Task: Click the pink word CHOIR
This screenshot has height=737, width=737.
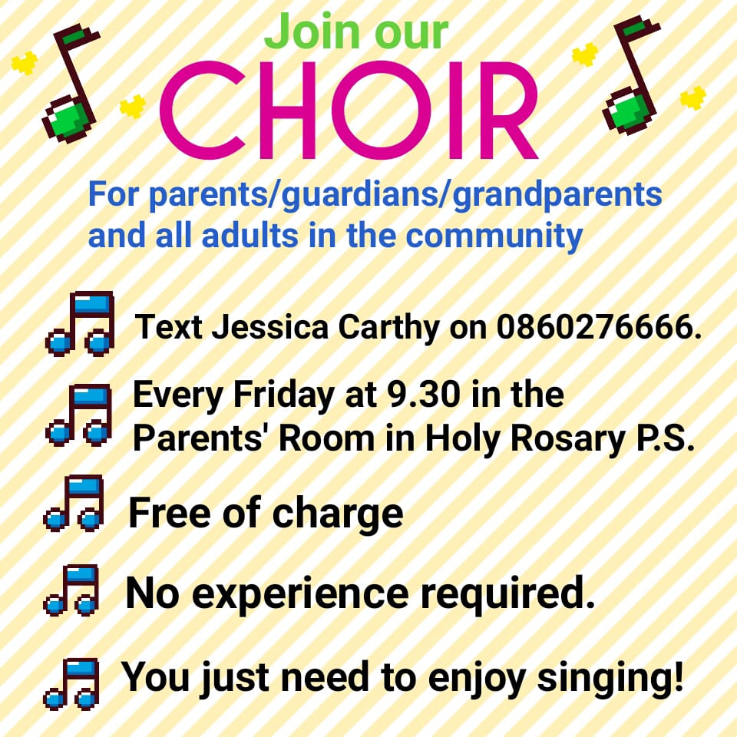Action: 349,111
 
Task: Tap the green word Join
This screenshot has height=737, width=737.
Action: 313,32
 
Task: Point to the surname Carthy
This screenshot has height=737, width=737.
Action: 388,328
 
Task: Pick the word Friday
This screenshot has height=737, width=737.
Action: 283,396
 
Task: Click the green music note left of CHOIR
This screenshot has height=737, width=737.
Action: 71,83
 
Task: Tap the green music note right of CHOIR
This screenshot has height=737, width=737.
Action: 631,74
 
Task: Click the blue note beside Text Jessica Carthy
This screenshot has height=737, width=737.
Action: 80,323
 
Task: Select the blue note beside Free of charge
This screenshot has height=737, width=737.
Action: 74,503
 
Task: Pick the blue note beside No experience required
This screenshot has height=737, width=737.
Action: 71,590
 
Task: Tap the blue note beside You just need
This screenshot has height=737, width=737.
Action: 71,683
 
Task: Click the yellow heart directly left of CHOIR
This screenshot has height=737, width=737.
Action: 133,106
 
